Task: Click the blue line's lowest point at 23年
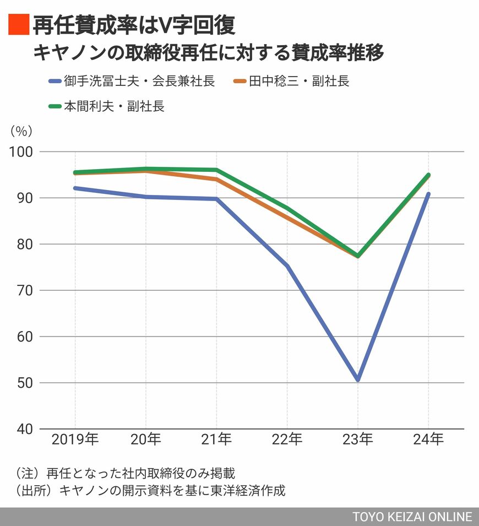coord(358,379)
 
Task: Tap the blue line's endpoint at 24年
coord(428,194)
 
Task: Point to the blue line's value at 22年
coord(287,266)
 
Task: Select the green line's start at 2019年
coord(75,172)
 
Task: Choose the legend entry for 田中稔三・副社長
coord(291,82)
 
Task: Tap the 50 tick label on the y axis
coord(25,383)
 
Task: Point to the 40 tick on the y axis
coord(25,429)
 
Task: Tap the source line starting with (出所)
coord(148,490)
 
